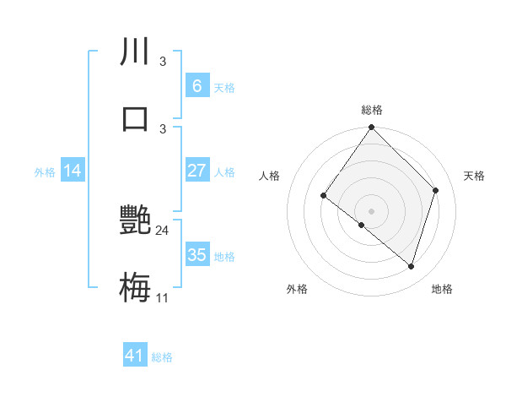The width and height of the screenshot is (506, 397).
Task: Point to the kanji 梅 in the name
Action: (x=135, y=286)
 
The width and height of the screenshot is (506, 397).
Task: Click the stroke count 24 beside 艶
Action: (x=163, y=231)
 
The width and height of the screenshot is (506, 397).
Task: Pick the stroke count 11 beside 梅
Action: (x=163, y=297)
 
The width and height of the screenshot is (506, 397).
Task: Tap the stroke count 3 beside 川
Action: (x=163, y=62)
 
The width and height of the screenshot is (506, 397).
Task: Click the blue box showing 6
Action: (x=196, y=85)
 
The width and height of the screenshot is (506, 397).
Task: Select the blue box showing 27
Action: (x=196, y=171)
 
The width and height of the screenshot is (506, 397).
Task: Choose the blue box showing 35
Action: (x=196, y=255)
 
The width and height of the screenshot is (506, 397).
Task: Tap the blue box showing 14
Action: (x=73, y=171)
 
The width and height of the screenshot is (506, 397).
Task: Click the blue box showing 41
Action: (x=135, y=356)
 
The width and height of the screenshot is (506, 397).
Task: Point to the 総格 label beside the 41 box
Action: (x=162, y=357)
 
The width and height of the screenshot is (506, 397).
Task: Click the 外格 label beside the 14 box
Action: (x=45, y=172)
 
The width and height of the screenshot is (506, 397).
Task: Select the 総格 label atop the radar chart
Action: (x=372, y=110)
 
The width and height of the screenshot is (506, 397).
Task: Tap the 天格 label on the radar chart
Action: (x=475, y=176)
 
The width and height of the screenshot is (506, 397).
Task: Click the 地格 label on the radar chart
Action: (x=442, y=289)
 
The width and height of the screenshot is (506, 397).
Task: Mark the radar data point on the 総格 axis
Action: (x=372, y=128)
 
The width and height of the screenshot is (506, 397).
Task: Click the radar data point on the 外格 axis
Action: (x=362, y=225)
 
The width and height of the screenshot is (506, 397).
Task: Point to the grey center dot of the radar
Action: (x=372, y=210)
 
